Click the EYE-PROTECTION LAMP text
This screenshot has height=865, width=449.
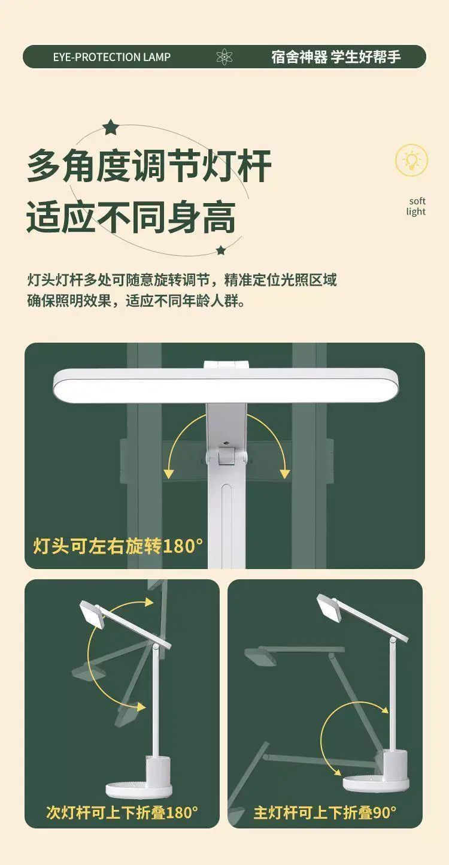coord(111,57)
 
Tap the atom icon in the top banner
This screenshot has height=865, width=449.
coord(224,57)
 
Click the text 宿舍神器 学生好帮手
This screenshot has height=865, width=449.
coord(336,57)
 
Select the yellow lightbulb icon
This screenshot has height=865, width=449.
coord(411,161)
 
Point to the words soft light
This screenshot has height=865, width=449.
coord(416,206)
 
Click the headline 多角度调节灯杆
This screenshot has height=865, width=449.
coord(150,166)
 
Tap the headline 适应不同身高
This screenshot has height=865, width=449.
coord(131,217)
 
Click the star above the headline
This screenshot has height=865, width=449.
coord(110,127)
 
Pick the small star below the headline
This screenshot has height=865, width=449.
coord(221,250)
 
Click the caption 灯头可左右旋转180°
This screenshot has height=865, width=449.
coord(118,546)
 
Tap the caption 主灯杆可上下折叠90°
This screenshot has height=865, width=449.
coord(324,812)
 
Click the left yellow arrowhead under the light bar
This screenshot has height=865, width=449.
coord(169,474)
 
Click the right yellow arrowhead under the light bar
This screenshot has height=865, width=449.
coord(284,474)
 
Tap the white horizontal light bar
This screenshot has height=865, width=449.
coord(226,386)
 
